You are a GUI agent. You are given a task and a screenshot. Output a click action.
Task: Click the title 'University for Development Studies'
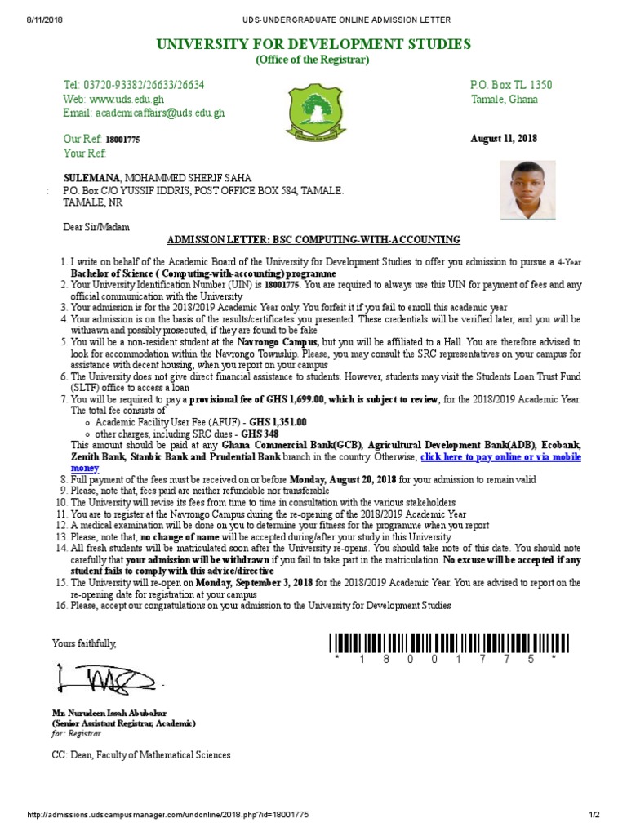(313, 43)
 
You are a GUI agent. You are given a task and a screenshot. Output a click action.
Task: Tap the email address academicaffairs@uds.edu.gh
(144, 113)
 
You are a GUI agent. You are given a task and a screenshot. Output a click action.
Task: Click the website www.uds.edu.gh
(119, 99)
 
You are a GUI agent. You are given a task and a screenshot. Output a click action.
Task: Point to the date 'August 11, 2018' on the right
(504, 139)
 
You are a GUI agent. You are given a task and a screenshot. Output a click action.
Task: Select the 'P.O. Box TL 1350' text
(511, 85)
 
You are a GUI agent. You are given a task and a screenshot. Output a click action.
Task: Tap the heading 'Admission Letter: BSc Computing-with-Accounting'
(313, 239)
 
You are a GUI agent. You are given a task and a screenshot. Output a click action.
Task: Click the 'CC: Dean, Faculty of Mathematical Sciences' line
(141, 755)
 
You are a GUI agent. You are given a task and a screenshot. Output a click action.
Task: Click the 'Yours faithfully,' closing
(84, 643)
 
